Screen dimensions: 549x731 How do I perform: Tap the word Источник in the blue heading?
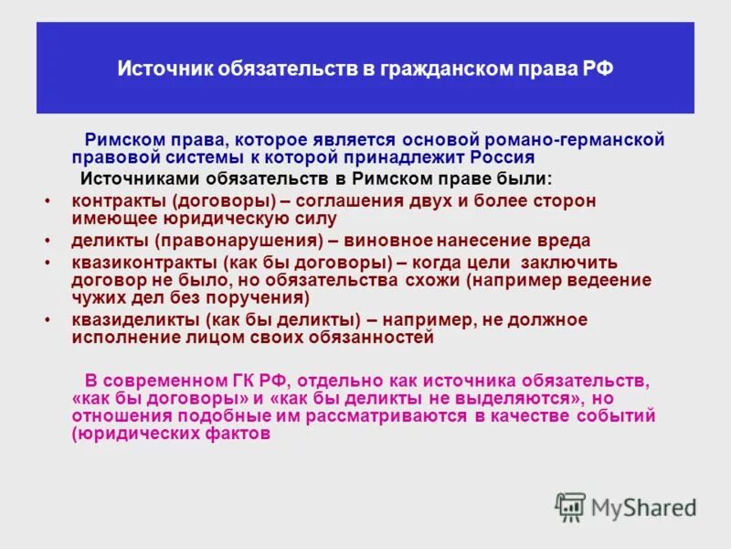(160, 70)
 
